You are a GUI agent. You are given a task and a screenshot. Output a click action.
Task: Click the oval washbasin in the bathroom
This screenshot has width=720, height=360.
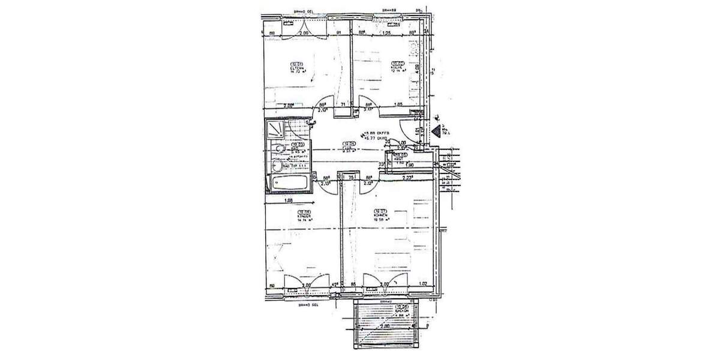(x=278, y=165)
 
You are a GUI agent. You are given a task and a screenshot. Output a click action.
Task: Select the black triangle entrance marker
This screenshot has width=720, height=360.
(x=436, y=130)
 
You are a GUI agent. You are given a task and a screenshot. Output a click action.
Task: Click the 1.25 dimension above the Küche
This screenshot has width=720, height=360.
(x=387, y=34)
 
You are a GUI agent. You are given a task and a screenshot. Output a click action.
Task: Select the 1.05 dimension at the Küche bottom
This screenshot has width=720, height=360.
(x=398, y=106)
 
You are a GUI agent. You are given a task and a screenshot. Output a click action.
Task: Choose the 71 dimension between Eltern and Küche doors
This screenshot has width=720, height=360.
(x=343, y=106)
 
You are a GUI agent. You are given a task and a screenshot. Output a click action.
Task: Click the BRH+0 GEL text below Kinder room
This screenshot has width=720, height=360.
(x=307, y=305)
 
